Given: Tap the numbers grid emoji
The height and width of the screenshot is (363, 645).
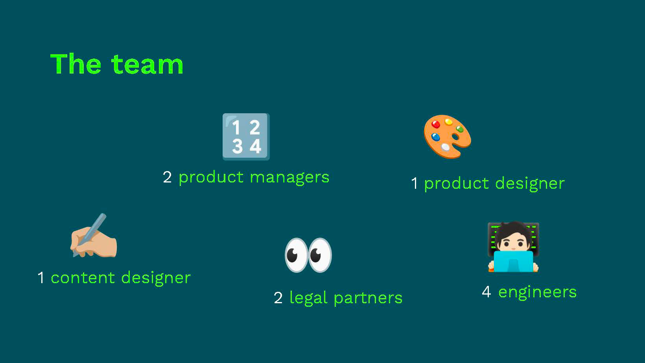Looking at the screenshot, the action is pyautogui.click(x=246, y=137).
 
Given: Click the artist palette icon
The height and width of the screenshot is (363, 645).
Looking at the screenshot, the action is pyautogui.click(x=447, y=136).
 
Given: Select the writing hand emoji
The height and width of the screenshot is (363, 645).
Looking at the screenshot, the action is pyautogui.click(x=94, y=235).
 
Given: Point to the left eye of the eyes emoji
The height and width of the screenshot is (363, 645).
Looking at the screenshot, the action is pyautogui.click(x=296, y=255).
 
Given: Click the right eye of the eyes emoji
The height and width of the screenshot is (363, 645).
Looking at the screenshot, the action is pyautogui.click(x=320, y=255).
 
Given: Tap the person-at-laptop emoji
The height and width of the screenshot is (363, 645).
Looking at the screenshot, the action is pyautogui.click(x=513, y=247).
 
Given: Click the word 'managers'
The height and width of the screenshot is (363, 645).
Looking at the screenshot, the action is pyautogui.click(x=289, y=177).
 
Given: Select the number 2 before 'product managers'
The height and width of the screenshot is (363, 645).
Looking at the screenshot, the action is pyautogui.click(x=167, y=177).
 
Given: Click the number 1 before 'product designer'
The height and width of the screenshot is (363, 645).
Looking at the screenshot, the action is pyautogui.click(x=415, y=183).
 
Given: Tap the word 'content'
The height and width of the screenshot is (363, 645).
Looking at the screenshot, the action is pyautogui.click(x=83, y=278).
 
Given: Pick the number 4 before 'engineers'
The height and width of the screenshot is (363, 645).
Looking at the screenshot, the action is pyautogui.click(x=486, y=292).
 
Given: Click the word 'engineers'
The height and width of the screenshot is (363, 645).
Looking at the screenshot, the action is pyautogui.click(x=537, y=293).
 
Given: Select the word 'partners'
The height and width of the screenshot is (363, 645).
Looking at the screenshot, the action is pyautogui.click(x=368, y=298).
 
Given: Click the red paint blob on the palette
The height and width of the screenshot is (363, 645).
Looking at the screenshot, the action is pyautogui.click(x=436, y=124).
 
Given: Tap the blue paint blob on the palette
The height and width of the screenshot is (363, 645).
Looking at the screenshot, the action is pyautogui.click(x=435, y=137).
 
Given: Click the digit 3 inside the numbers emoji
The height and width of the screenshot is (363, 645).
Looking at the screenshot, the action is pyautogui.click(x=238, y=146).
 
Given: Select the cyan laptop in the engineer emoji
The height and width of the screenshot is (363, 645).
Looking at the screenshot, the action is pyautogui.click(x=513, y=262).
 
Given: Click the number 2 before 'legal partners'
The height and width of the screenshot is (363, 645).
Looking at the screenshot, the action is pyautogui.click(x=278, y=298).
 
